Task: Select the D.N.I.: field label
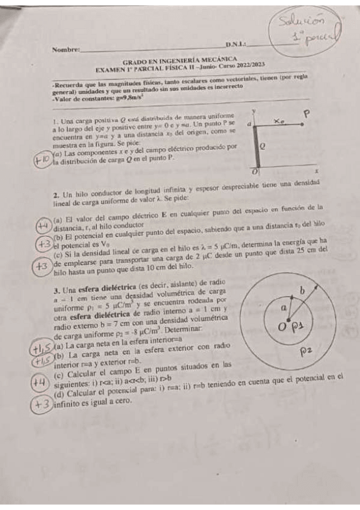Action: click(x=236, y=45)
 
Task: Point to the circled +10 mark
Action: click(x=43, y=161)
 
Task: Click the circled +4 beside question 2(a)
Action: click(x=43, y=226)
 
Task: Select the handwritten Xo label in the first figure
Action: click(x=278, y=121)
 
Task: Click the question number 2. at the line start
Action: click(x=56, y=195)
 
